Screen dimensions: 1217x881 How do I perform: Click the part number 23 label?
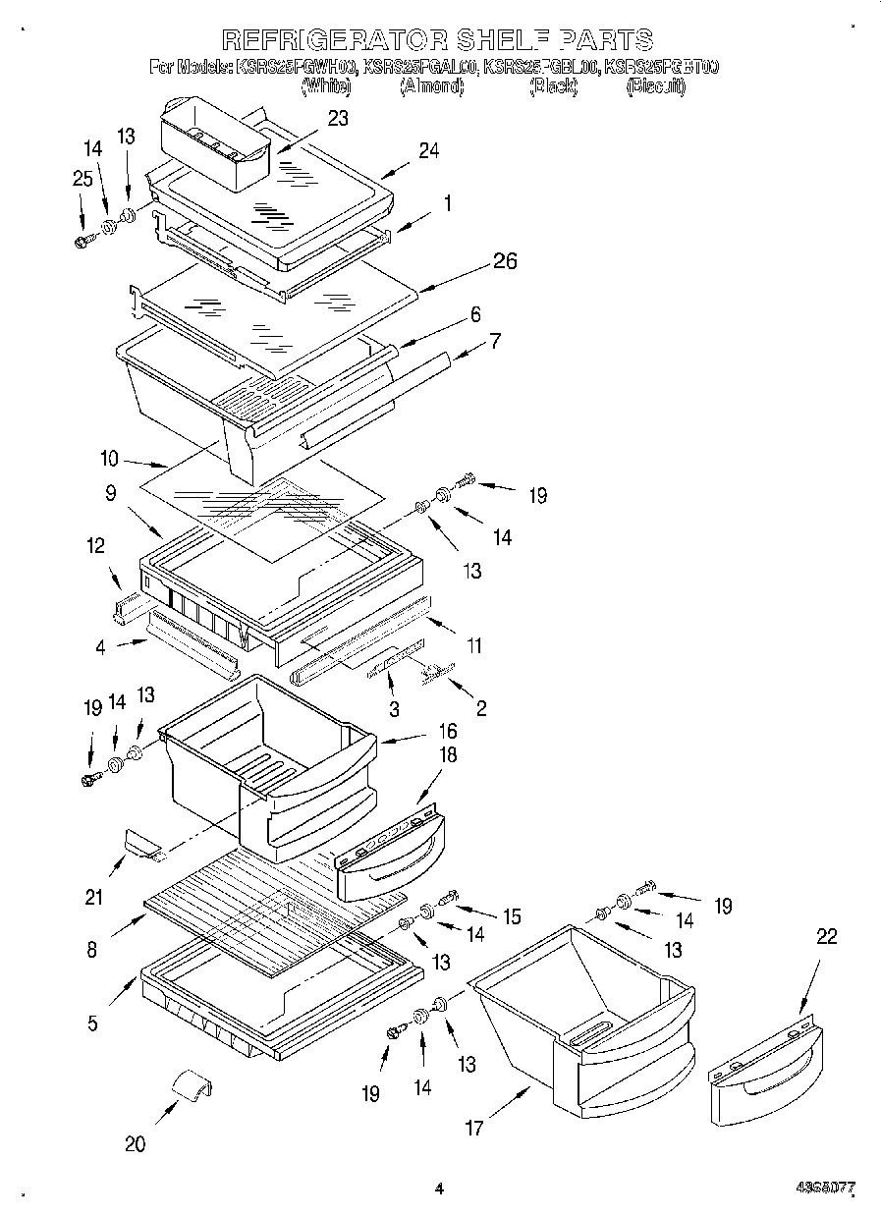(x=338, y=118)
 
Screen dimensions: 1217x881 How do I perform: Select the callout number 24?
(x=427, y=150)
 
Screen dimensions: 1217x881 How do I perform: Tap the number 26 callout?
(x=505, y=261)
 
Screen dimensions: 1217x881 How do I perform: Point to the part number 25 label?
(x=82, y=179)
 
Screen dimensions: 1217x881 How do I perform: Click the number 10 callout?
(x=109, y=458)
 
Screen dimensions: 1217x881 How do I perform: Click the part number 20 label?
(x=136, y=1143)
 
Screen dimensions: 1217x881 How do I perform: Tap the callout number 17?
(x=474, y=1128)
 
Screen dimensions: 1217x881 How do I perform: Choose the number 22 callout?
(x=827, y=937)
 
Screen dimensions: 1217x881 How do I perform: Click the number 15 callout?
(x=512, y=916)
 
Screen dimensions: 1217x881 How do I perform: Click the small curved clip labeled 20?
(x=192, y=1086)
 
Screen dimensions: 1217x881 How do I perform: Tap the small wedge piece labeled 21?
(x=141, y=843)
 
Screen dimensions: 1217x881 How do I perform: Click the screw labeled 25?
(x=83, y=239)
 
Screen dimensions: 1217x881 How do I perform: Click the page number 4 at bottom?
(x=439, y=1189)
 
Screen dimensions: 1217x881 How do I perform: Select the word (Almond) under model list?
(x=431, y=86)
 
